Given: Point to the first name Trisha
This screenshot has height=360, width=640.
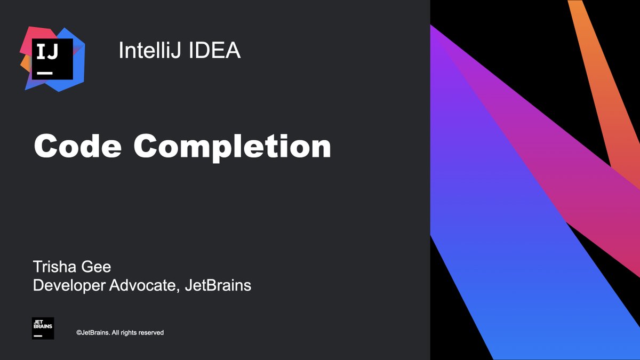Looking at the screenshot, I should [x=55, y=267].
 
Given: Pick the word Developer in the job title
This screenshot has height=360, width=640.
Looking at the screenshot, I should [x=69, y=285].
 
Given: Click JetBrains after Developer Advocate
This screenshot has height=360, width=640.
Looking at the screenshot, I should [x=218, y=285].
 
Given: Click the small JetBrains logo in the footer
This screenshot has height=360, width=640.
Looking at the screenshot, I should [x=43, y=329].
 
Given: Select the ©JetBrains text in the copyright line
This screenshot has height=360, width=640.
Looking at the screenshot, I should [x=93, y=333].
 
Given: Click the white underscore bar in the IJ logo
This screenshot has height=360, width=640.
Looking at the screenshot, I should [x=44, y=72].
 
